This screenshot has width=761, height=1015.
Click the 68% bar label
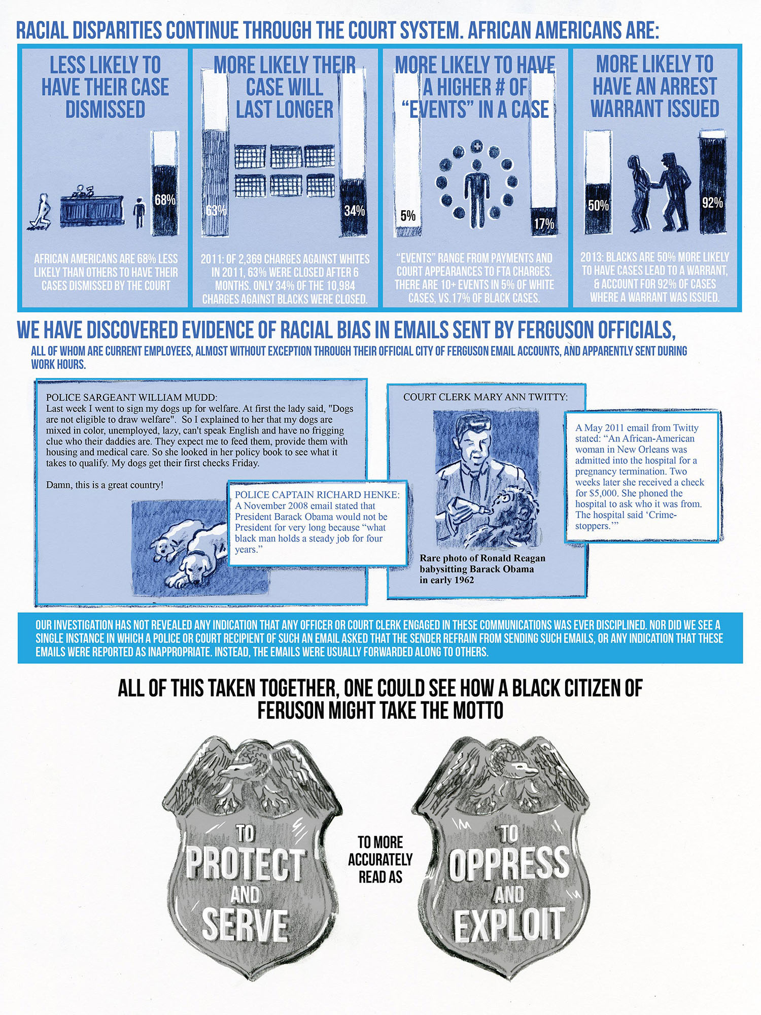click(165, 199)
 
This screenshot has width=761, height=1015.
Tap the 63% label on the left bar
click(216, 210)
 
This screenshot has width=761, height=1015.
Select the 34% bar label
click(354, 210)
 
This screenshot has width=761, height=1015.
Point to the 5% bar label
click(408, 215)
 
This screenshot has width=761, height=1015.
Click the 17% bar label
click(544, 223)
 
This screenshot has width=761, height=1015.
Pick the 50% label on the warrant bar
click(598, 205)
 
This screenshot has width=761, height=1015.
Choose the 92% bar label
click(712, 202)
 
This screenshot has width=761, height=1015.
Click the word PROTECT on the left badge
click(246, 864)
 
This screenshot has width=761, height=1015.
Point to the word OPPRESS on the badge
click(509, 864)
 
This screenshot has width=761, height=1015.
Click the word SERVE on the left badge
click(246, 925)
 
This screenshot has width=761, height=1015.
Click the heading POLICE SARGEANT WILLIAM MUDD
click(131, 397)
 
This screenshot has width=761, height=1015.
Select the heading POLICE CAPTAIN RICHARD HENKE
click(317, 495)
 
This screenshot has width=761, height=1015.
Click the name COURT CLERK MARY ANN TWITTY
click(486, 397)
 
